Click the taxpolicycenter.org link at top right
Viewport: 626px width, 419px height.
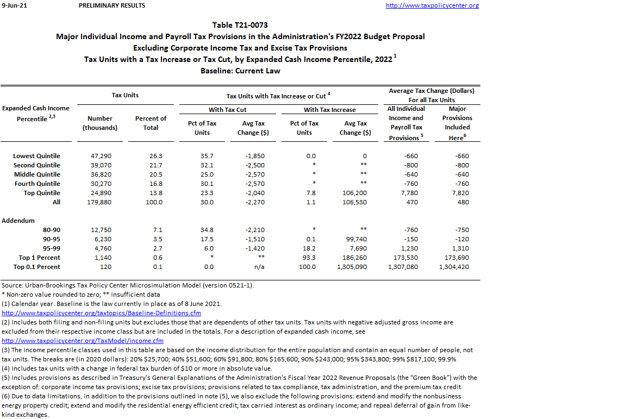tap(432, 5)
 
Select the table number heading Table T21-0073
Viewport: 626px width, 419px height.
tap(240, 25)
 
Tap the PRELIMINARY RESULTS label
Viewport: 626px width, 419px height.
tap(112, 5)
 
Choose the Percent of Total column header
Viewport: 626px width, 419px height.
tap(151, 123)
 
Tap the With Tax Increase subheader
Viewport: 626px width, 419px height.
tap(330, 110)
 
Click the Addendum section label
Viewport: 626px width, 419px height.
tap(18, 221)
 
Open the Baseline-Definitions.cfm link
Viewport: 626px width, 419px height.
tap(101, 313)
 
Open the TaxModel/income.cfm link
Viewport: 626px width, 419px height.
tap(83, 341)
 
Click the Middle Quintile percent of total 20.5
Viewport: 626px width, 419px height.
tap(156, 174)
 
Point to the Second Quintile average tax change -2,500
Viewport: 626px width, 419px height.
tap(254, 165)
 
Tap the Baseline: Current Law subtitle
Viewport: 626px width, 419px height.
tap(240, 71)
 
